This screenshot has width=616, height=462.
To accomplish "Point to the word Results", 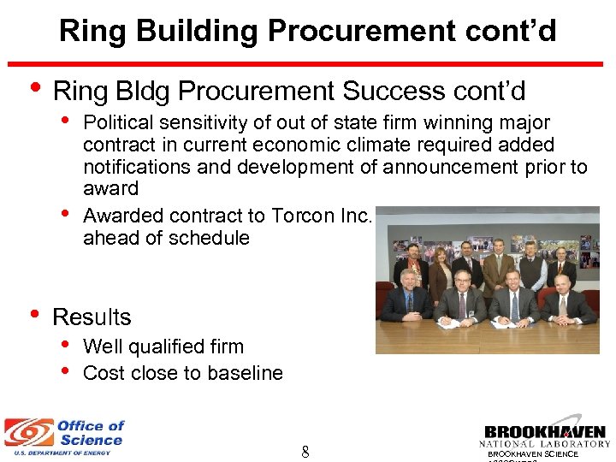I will (x=92, y=317).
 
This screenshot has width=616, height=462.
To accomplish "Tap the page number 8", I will (x=305, y=452).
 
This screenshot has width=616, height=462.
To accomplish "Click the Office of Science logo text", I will (x=90, y=433).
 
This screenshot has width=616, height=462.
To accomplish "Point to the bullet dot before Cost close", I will (x=67, y=371).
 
